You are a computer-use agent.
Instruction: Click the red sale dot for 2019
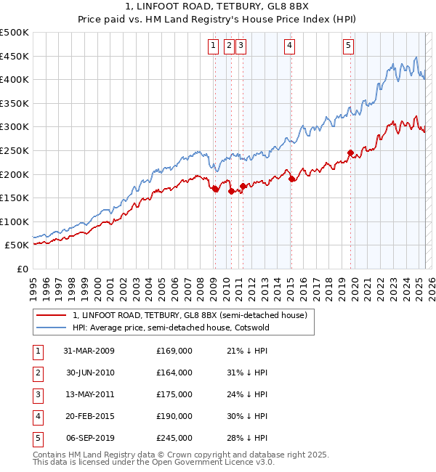[x=350, y=152]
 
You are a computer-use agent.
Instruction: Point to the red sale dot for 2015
[x=291, y=179]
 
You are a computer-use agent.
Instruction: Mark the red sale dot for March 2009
[x=215, y=189]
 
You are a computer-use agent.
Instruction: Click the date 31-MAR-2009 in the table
[x=89, y=351]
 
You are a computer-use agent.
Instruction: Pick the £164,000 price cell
[x=174, y=373]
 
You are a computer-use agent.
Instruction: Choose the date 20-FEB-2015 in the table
[x=89, y=416]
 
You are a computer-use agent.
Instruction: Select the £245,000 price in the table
[x=174, y=438]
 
